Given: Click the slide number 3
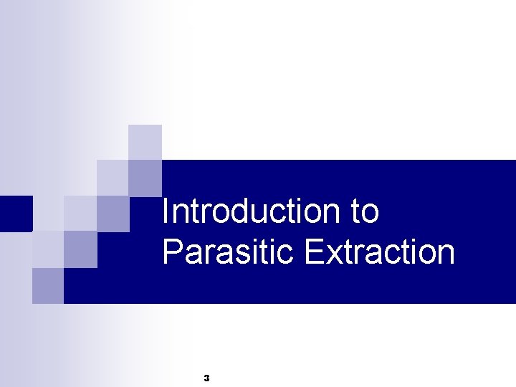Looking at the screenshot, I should (206, 377).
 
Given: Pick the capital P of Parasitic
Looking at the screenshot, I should (173, 252).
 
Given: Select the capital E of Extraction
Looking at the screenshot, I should (314, 252).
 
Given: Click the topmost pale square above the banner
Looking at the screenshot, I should (145, 141).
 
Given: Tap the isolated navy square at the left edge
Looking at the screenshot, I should (15, 213).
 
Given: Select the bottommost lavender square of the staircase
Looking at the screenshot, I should (48, 285).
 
